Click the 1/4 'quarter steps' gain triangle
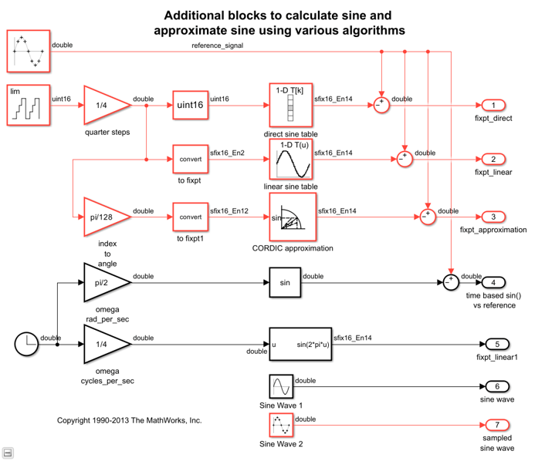click(x=103, y=105)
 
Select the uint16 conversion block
click(x=190, y=105)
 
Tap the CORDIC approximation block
click(x=292, y=217)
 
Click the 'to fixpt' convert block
click(x=190, y=160)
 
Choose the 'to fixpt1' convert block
click(x=190, y=217)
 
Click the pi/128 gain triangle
click(x=103, y=217)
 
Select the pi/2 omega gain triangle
click(x=103, y=282)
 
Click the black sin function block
click(x=285, y=282)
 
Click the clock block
click(x=26, y=344)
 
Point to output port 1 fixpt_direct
click(x=493, y=105)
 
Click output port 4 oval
click(x=493, y=282)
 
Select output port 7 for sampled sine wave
click(x=493, y=425)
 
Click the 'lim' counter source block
click(x=29, y=105)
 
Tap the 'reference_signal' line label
click(x=218, y=45)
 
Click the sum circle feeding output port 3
click(x=428, y=217)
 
